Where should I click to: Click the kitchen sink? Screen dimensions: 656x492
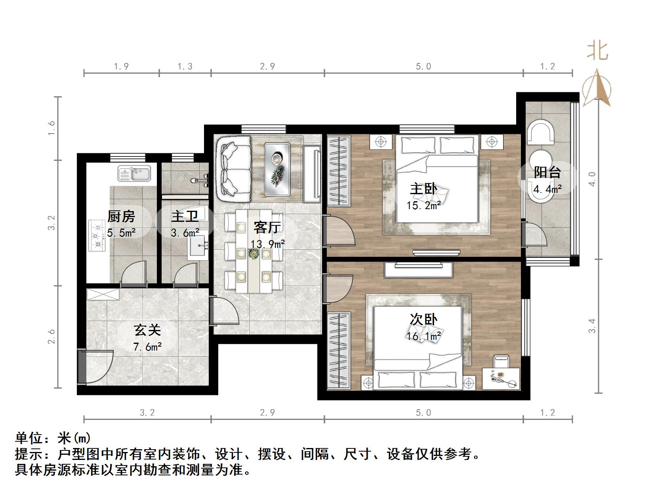click(134, 173)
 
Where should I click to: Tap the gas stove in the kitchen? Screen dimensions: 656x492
click(97, 235)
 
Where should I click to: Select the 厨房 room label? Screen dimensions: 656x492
click(121, 216)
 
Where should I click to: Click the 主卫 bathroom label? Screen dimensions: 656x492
click(185, 216)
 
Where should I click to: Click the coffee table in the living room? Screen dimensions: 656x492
click(277, 169)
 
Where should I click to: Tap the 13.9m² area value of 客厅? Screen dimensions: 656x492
click(267, 244)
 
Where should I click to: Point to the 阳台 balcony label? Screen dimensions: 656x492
click(547, 172)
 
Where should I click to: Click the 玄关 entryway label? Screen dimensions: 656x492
click(147, 330)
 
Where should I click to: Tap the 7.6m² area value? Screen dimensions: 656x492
click(147, 347)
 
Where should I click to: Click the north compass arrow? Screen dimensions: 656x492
click(597, 88)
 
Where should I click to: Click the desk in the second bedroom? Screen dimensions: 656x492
click(501, 378)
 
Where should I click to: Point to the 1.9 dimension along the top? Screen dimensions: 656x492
click(121, 66)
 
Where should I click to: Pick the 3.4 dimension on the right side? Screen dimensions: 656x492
click(592, 326)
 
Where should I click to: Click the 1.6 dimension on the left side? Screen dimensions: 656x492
click(51, 128)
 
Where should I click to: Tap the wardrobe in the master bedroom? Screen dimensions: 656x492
click(339, 171)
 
